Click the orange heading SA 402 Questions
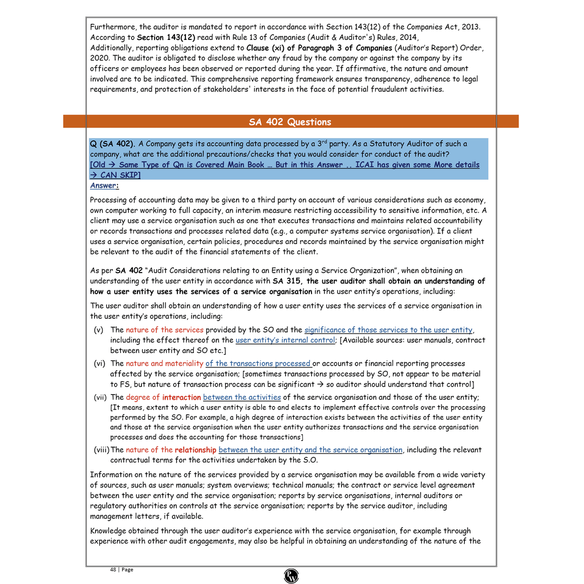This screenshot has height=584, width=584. (x=290, y=122)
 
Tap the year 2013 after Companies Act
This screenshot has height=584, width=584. (x=471, y=27)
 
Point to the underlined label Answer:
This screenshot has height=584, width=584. (x=104, y=185)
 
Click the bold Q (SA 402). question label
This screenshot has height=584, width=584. (x=113, y=144)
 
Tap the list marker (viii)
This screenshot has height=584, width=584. (x=102, y=449)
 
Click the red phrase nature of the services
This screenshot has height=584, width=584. (x=164, y=330)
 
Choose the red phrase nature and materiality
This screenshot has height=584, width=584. (x=164, y=363)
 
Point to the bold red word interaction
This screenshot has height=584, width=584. (x=181, y=397)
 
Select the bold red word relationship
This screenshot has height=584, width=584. (x=195, y=449)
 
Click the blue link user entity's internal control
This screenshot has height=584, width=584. (x=285, y=340)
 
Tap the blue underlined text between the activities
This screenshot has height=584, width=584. (x=242, y=397)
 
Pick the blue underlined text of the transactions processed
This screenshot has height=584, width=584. (x=258, y=363)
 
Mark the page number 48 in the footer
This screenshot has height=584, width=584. (x=113, y=569)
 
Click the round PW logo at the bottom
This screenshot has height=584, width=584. (x=291, y=576)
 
